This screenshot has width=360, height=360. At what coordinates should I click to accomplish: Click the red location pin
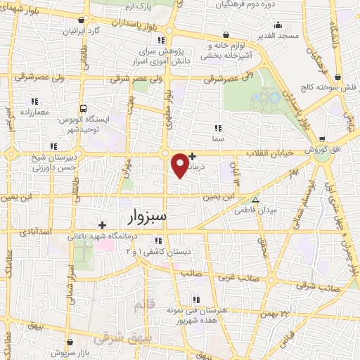pyautogui.click(x=181, y=165)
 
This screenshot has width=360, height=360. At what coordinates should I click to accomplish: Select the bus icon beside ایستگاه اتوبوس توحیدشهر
pyautogui.click(x=83, y=109)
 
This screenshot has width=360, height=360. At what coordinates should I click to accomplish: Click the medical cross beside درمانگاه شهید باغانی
pyautogui.click(x=103, y=225)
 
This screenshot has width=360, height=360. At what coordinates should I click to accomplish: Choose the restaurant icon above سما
pyautogui.click(x=218, y=129)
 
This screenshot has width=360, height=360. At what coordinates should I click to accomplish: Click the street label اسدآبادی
pyautogui.click(x=35, y=230)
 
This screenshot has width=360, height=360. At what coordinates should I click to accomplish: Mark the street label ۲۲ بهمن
pyautogui.click(x=275, y=313)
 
